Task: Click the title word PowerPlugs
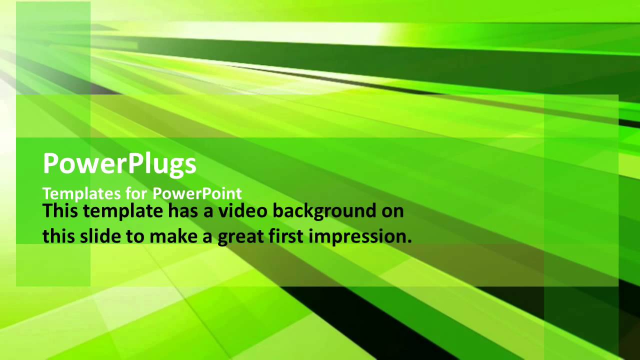coord(119,164)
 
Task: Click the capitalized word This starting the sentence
coord(60,210)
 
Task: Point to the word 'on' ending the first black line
coord(392,211)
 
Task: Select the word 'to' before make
coord(134,236)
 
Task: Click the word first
coord(289,236)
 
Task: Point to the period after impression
coord(409,241)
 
